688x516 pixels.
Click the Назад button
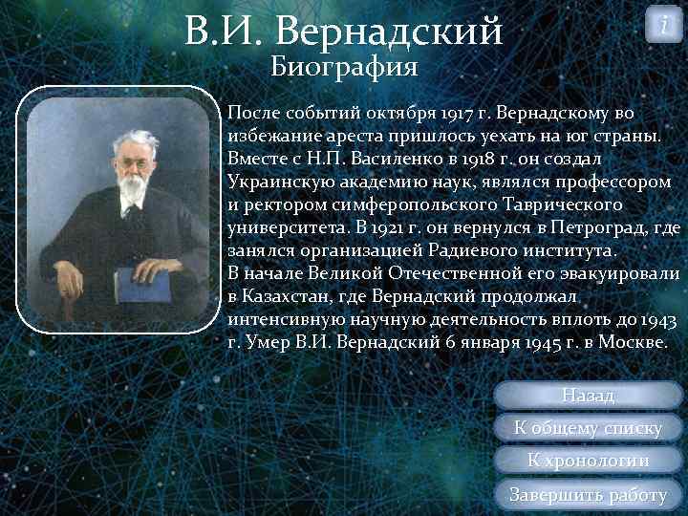[x=589, y=395]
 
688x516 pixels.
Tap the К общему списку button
[x=589, y=427]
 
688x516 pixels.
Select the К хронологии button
[x=589, y=461]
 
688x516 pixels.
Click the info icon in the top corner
[x=664, y=26]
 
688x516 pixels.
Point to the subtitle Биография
[x=344, y=66]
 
